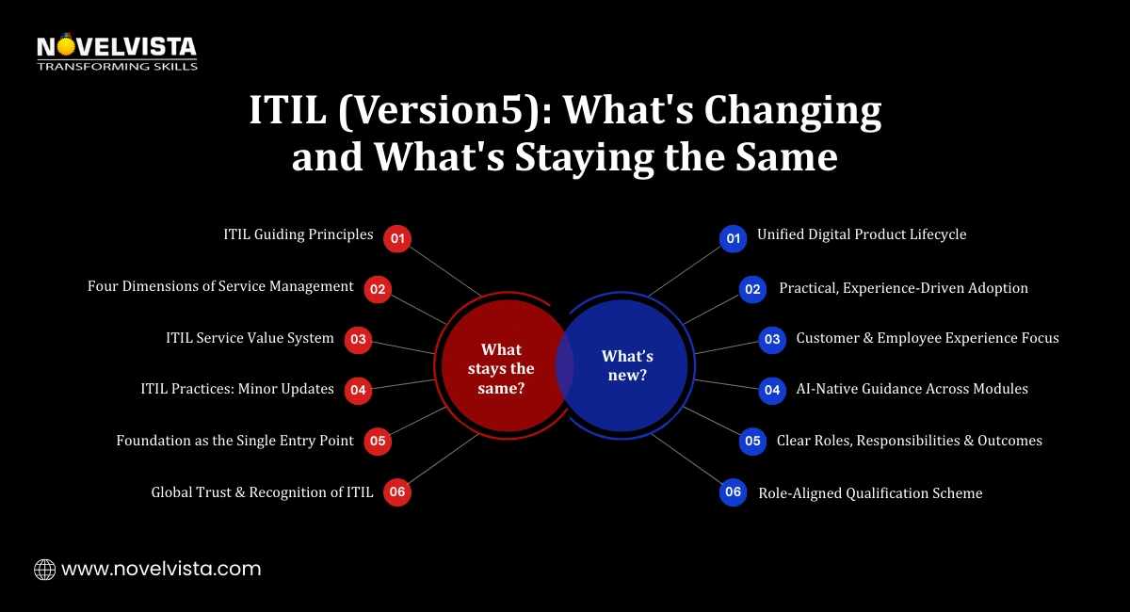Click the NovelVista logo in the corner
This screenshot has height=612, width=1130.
[116, 53]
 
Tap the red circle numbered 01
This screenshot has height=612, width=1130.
[397, 239]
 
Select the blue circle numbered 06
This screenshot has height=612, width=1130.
[734, 492]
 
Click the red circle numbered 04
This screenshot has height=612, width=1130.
[358, 390]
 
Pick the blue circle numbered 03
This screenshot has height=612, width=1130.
[772, 339]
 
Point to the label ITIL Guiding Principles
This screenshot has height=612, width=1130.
[299, 234]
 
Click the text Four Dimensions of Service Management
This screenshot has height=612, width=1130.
[220, 286]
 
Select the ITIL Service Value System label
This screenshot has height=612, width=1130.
[250, 338]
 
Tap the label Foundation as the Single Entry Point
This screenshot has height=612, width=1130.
[234, 441]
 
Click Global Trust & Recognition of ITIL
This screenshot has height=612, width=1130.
[262, 491]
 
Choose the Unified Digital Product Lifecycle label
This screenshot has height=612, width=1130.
[862, 234]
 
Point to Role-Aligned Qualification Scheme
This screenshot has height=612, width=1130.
[870, 492]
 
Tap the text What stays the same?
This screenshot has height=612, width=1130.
[501, 369]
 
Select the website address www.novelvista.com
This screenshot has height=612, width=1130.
[161, 569]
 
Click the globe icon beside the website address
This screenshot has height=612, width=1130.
[44, 569]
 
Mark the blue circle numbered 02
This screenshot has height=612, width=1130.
[752, 289]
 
